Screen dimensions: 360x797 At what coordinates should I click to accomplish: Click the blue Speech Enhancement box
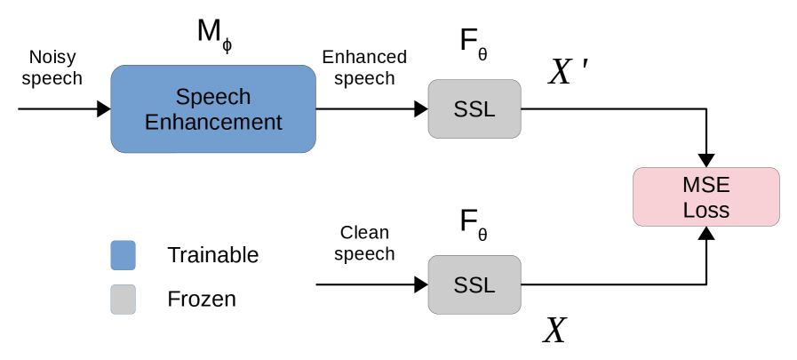click(x=212, y=109)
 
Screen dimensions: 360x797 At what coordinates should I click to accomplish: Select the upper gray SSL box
click(x=474, y=109)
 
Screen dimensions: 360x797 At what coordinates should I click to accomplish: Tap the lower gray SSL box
click(x=474, y=284)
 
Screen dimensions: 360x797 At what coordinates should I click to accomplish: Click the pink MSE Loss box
click(x=705, y=196)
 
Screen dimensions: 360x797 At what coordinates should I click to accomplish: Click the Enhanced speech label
click(x=363, y=68)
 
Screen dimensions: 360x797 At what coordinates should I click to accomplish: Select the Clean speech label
click(x=364, y=244)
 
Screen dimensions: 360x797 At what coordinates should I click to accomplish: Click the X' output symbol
click(x=568, y=72)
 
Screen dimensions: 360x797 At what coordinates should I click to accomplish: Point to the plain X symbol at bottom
click(x=554, y=331)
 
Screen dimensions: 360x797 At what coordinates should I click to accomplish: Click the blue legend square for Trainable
click(x=123, y=255)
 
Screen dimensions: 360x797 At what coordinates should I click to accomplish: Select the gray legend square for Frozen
click(x=123, y=299)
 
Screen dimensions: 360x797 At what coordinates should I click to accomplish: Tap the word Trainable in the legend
click(x=212, y=255)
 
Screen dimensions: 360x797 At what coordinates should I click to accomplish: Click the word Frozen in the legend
click(x=201, y=299)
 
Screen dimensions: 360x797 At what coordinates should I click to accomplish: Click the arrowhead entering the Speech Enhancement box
click(x=104, y=109)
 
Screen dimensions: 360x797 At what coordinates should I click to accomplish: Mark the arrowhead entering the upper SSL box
click(x=421, y=109)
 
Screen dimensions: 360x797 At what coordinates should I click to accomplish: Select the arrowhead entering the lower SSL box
click(x=421, y=284)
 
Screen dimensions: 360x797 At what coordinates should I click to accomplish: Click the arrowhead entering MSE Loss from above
click(x=706, y=160)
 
